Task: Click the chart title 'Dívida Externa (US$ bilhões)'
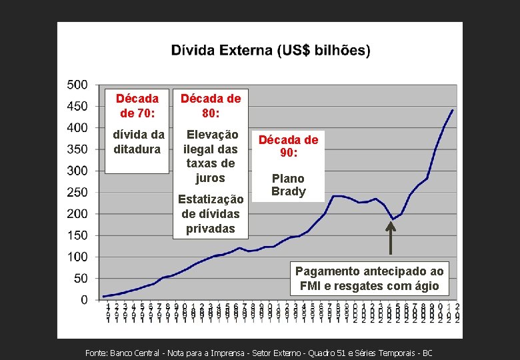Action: pos(271,51)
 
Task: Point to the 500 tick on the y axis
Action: pos(77,85)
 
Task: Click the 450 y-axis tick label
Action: pos(77,106)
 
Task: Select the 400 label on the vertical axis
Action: pos(77,127)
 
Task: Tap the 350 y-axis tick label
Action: pos(77,149)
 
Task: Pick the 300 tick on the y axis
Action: pos(77,171)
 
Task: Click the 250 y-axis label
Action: pos(77,192)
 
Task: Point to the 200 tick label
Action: pos(77,214)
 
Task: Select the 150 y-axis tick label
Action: pos(77,235)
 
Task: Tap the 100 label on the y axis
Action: pos(77,257)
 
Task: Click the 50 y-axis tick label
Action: pos(81,279)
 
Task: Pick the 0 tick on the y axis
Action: pos(84,300)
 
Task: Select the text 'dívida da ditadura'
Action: pos(138,142)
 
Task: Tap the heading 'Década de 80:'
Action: pos(211,105)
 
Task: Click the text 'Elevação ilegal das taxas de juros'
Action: pos(211,156)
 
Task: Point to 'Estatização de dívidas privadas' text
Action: pos(211,214)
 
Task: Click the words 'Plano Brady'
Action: pos(289,185)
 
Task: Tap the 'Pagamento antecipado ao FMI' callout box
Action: pos(369,279)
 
